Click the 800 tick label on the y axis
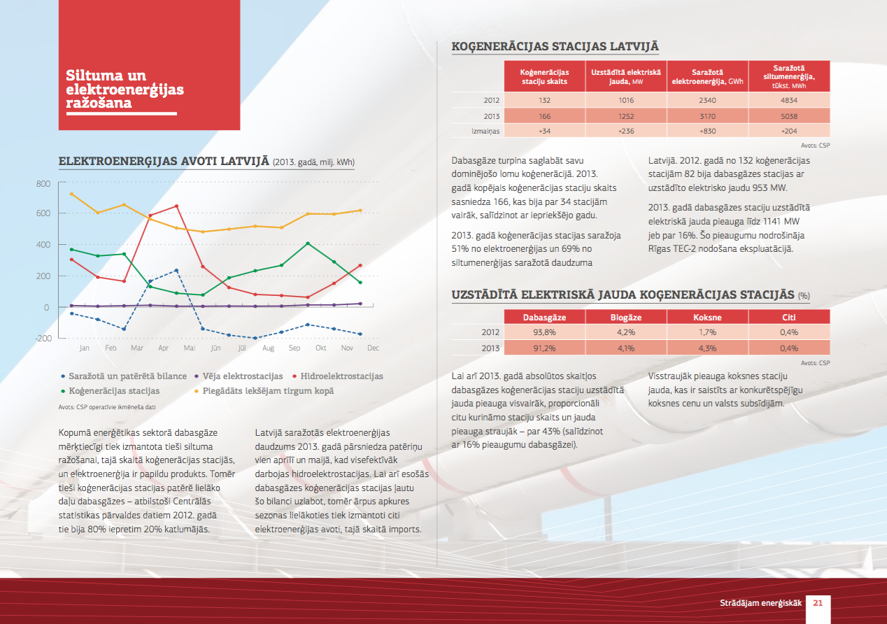click(x=43, y=184)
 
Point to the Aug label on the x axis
click(x=268, y=348)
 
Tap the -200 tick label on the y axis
click(x=43, y=339)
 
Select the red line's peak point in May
click(x=176, y=206)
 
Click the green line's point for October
click(x=308, y=243)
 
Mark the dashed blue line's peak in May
click(x=176, y=271)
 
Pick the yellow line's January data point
click(x=71, y=194)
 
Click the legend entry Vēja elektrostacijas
click(x=239, y=376)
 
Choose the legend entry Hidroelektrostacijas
click(x=338, y=376)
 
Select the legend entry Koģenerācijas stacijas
click(x=110, y=391)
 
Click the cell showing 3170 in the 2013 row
click(x=708, y=116)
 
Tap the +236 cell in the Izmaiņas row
click(x=626, y=131)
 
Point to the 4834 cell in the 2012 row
click(x=789, y=100)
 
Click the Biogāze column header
click(x=626, y=317)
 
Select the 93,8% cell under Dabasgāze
click(x=544, y=332)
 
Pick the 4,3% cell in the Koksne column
click(x=708, y=348)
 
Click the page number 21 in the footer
click(x=818, y=603)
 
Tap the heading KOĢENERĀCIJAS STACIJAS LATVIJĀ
click(x=555, y=46)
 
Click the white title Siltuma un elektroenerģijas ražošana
click(x=125, y=89)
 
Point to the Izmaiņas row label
click(x=485, y=131)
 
